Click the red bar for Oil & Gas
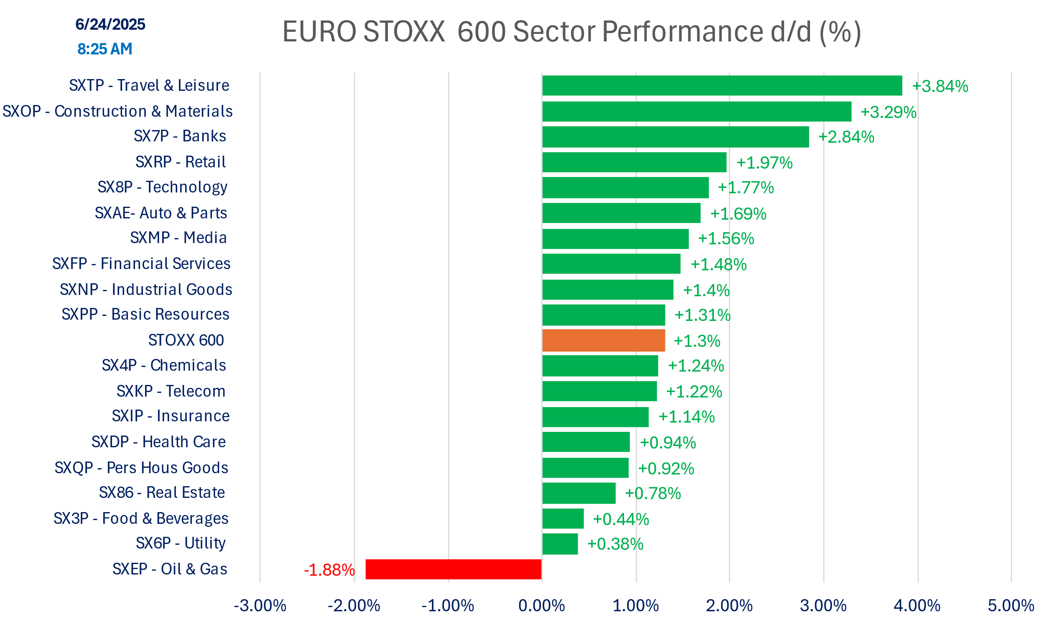pos(454,569)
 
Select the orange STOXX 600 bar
pos(604,341)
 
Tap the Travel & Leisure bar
pos(722,86)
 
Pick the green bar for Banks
pos(675,137)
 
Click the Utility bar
pos(560,544)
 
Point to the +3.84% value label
pos(940,86)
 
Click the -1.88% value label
pos(329,570)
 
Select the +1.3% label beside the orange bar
pos(697,341)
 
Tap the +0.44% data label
pos(621,519)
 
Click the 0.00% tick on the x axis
pos(542,606)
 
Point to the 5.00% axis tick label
pos(1011,606)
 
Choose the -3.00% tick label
pos(260,606)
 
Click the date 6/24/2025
pos(110,24)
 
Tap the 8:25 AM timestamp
pos(105,49)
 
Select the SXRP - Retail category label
pos(181,162)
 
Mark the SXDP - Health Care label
pos(158,442)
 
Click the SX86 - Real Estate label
pos(162,492)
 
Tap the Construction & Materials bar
pos(697,112)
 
